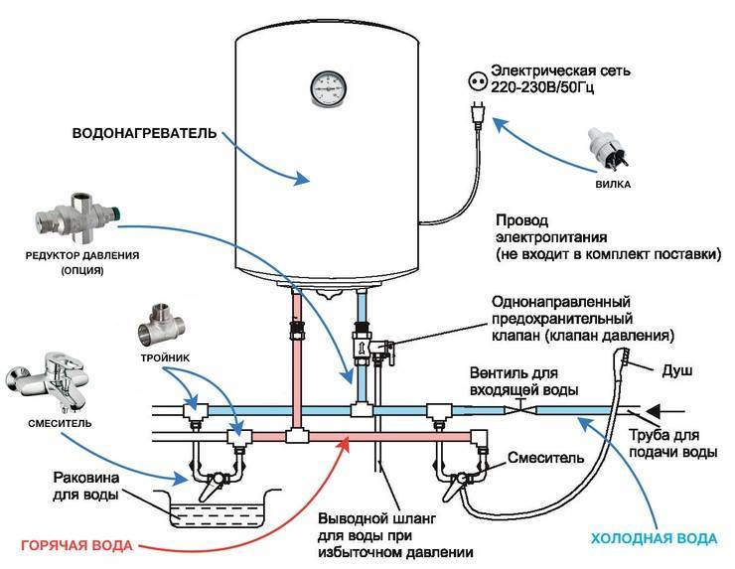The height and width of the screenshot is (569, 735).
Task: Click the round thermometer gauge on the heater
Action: (x=328, y=87)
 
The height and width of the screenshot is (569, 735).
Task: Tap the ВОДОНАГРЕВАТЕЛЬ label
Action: (x=144, y=134)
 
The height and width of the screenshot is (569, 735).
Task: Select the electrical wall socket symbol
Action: (x=478, y=81)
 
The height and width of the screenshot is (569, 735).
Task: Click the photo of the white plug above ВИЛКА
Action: (x=608, y=148)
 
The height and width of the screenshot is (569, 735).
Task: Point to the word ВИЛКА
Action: (x=613, y=185)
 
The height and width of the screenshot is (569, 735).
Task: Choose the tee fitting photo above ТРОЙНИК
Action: (x=162, y=326)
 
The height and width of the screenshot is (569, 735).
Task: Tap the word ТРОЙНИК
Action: (x=166, y=358)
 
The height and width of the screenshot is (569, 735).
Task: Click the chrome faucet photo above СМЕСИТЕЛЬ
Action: (x=48, y=382)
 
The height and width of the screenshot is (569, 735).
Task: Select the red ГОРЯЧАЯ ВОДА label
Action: (x=76, y=545)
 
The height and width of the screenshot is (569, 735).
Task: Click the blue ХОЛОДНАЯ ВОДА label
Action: (x=654, y=538)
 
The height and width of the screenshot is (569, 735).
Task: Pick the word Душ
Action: (x=676, y=371)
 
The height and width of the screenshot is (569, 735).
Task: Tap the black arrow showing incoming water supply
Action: (x=666, y=411)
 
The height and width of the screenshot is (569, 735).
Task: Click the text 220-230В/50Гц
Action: (x=542, y=87)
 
